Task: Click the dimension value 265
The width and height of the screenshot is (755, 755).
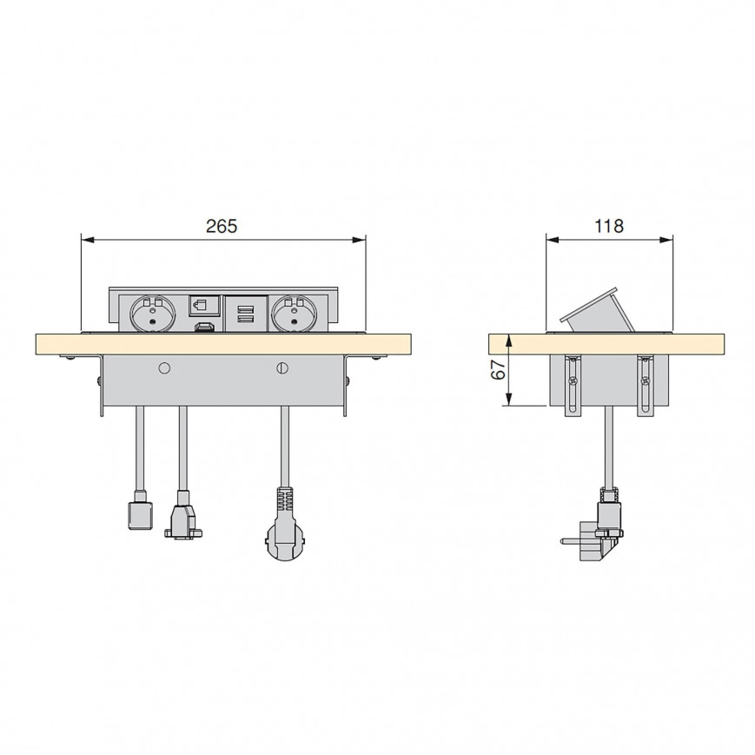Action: coord(222,226)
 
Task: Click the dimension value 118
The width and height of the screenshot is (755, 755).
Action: coord(609,226)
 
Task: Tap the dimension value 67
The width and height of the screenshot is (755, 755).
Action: coord(498,370)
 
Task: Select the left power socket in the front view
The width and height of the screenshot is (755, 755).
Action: coord(153,314)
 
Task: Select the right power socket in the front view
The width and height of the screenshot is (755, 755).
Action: coord(295,314)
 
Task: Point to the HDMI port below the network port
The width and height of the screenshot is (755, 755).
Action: coord(205,328)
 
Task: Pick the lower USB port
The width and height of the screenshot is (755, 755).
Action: coord(246,318)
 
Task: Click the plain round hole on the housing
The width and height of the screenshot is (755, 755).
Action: coord(164,368)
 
